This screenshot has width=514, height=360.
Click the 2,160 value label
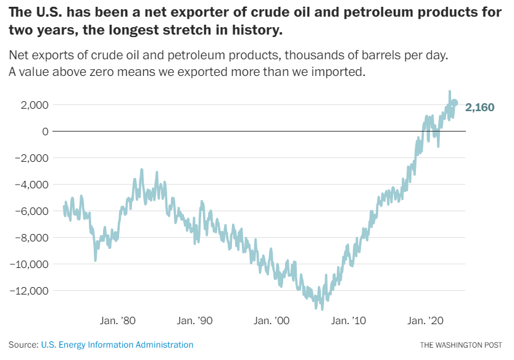479,107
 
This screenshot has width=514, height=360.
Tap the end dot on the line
455,103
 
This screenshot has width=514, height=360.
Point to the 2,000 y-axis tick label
35,105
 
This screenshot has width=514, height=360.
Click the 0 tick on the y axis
44,132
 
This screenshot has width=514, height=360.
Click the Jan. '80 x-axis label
117,321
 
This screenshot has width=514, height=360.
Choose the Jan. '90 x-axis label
194,321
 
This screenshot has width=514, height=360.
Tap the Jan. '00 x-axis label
272,321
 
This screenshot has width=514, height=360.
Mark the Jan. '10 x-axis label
349,321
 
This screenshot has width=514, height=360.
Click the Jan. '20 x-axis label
426,321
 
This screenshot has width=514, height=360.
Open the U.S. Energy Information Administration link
117,345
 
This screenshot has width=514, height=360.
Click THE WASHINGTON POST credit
462,345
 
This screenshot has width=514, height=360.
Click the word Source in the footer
22,345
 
